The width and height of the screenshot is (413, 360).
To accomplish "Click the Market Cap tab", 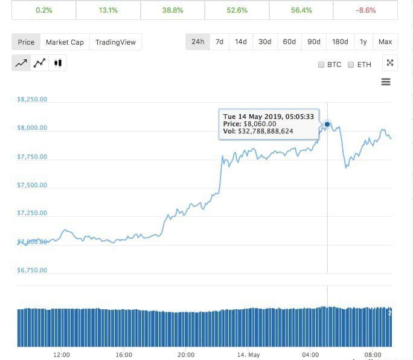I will pos(65,42).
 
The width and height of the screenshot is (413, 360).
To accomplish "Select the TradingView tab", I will pos(115,42).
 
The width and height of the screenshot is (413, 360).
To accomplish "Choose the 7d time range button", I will pos(220,42).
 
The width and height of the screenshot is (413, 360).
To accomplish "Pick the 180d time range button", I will pos(340,42).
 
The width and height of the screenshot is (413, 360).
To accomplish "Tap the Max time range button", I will pos(385,42).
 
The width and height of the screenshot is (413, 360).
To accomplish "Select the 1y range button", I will pos(363,42).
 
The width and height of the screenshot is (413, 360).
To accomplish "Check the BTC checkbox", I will pos(321,65).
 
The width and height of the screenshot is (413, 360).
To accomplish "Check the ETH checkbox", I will pos(351,65).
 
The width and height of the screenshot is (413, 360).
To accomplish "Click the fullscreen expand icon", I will pos(390,63).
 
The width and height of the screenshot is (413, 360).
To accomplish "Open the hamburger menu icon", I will pos(386,82).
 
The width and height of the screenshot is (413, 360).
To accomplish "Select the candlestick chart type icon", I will pos(58,63).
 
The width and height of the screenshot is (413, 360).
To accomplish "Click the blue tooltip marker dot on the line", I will pos(327,124).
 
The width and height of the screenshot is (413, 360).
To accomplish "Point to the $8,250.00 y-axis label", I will pos(33,100).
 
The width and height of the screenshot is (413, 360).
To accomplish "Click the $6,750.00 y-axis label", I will pos(33,270).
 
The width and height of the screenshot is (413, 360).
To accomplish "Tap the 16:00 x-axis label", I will pos(124,355).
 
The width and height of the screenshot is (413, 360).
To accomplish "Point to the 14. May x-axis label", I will pos(248,355).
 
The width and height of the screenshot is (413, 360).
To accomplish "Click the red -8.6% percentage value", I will pos(366,10).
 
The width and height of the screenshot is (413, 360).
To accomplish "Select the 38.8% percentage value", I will pos(172,10).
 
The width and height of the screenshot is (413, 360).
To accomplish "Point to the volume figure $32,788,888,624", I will pos(266,131).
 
